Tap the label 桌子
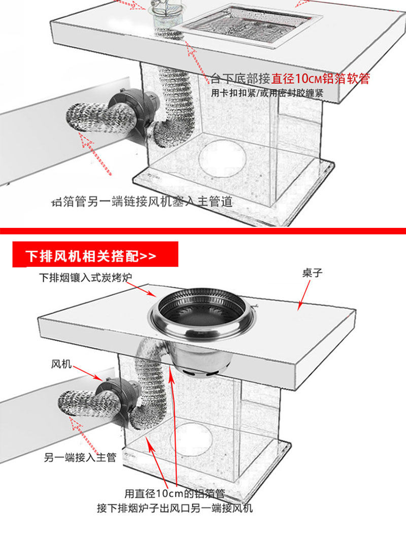coord(312,274)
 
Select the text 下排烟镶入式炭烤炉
coord(88,278)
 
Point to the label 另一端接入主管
coord(80,457)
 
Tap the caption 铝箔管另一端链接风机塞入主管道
coord(142,202)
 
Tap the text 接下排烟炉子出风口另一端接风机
coord(175,508)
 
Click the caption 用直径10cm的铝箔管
coord(175,493)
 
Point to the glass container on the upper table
coord(167,19)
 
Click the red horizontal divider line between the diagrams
coord(203,231)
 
